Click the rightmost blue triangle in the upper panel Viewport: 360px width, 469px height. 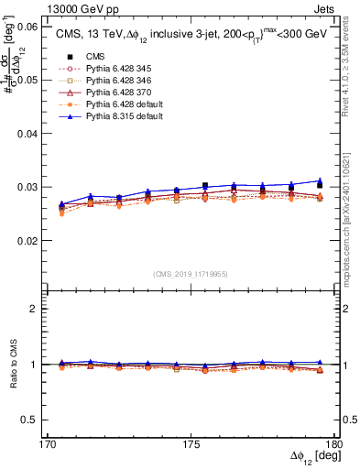[320, 180]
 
